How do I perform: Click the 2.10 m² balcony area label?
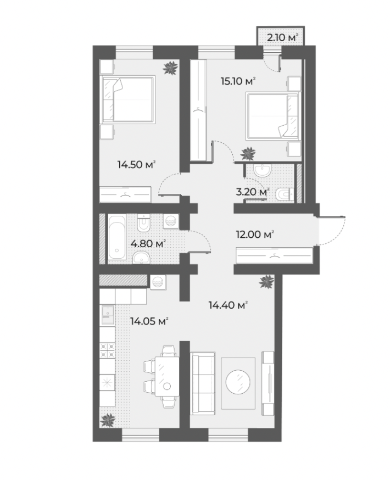click(282, 38)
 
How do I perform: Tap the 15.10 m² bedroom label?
click(238, 81)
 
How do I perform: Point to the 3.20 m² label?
click(253, 192)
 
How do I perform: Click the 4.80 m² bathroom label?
click(148, 244)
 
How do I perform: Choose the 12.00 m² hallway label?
click(255, 235)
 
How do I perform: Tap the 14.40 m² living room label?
click(228, 305)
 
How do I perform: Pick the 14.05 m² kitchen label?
click(149, 321)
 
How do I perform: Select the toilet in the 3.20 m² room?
click(285, 194)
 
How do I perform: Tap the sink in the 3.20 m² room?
click(263, 170)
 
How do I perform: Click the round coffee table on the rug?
click(238, 382)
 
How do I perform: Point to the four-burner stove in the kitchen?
click(108, 350)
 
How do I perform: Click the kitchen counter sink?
click(108, 314)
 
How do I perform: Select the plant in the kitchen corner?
click(108, 420)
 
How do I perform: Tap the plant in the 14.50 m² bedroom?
click(170, 68)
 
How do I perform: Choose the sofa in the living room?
click(202, 383)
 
